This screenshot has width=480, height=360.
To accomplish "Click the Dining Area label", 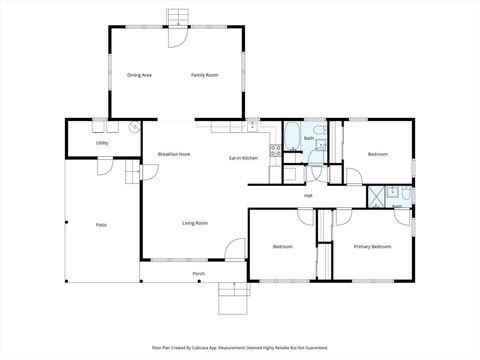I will tap(139, 75).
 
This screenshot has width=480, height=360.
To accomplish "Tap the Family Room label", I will tap(205, 75).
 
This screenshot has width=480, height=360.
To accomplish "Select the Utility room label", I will tap(102, 144).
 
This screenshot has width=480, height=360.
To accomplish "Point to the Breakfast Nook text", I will tap(174, 154).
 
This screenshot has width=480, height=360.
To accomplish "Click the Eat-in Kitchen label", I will tap(244, 158).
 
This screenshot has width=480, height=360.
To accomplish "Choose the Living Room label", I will tap(195, 223).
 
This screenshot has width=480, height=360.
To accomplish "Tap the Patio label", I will tap(101, 224).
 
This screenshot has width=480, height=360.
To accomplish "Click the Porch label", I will tap(198, 273).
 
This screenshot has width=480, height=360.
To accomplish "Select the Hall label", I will tap(309, 195).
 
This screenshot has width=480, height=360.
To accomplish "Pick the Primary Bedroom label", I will tap(372, 245).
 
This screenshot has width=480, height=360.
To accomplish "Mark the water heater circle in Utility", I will tap(133, 128).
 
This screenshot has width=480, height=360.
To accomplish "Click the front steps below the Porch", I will tap(232, 297).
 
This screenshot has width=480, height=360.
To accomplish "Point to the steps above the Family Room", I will tap(177, 16).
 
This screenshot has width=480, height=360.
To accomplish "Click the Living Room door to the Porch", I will tap(233, 249).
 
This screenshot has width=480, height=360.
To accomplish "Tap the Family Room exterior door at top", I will tap(177, 38).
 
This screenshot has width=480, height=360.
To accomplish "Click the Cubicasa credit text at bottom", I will tap(240, 347).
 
